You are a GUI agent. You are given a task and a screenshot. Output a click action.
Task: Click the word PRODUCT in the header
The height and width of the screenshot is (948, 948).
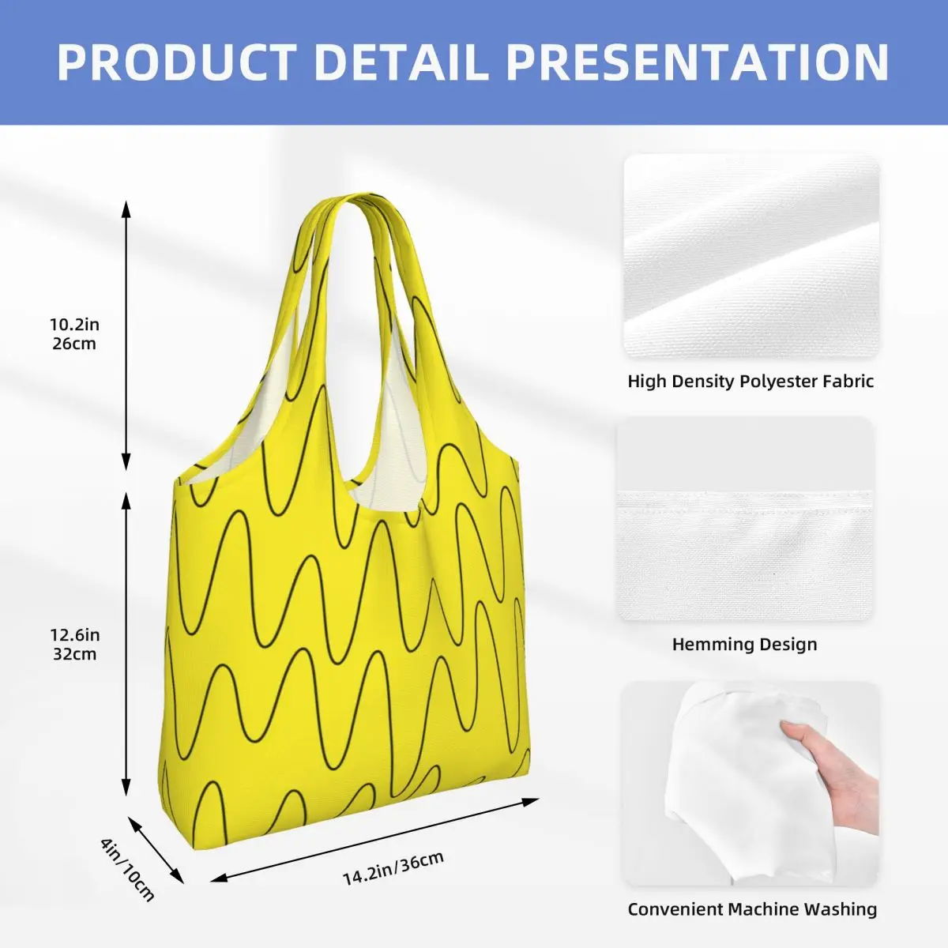point(177,62)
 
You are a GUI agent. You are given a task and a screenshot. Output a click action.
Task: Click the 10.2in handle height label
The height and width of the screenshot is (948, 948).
point(75,325)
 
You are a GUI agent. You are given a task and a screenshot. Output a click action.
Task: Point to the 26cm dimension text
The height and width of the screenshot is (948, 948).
point(74,344)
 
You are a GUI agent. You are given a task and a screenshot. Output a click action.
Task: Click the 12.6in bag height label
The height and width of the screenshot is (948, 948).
point(75,635)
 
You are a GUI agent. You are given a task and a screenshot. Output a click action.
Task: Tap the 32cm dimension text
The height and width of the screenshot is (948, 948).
point(75,654)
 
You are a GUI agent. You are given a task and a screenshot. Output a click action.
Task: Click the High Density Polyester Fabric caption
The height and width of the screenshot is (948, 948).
point(750,382)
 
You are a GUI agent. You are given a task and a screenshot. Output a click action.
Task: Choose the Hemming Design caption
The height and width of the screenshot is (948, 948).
point(745,644)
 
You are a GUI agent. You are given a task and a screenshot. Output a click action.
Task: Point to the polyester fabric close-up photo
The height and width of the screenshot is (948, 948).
point(752,256)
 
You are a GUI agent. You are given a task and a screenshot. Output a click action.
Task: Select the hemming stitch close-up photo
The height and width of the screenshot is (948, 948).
point(746,519)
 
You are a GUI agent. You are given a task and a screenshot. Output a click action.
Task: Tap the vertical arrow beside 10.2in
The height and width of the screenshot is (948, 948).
point(126,336)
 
